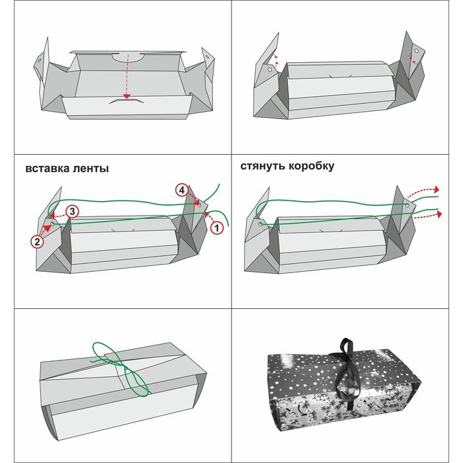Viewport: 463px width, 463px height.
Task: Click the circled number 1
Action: pyautogui.click(x=216, y=227)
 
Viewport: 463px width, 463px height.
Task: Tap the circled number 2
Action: pyautogui.click(x=37, y=242)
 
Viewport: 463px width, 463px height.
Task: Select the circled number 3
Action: pyautogui.click(x=72, y=211)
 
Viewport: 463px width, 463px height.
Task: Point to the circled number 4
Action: pyautogui.click(x=181, y=190)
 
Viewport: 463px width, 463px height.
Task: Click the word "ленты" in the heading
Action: pyautogui.click(x=91, y=168)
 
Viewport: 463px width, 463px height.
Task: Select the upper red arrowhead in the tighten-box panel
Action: pyautogui.click(x=437, y=189)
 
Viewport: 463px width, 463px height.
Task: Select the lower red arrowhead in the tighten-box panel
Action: pyautogui.click(x=440, y=214)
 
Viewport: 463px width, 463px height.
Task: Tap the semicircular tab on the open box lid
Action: pyautogui.click(x=129, y=57)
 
